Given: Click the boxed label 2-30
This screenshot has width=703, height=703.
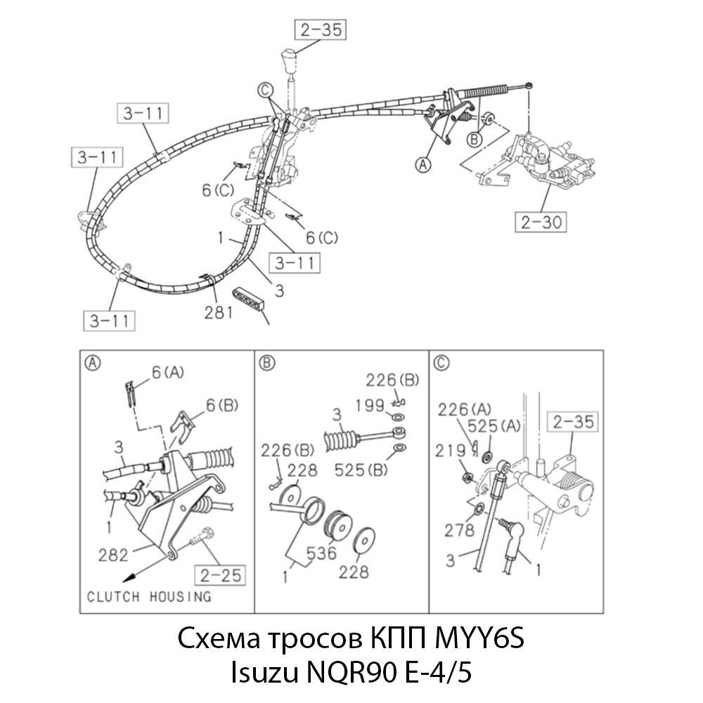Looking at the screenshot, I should click(539, 222).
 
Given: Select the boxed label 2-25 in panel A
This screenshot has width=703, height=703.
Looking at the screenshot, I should click(220, 576).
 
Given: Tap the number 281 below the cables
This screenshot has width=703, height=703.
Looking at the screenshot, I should click(219, 311).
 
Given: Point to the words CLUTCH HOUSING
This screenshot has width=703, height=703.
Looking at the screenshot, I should click(148, 597).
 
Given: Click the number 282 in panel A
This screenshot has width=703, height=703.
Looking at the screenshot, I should click(113, 555).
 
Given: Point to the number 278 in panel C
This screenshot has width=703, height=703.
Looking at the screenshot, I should click(459, 531).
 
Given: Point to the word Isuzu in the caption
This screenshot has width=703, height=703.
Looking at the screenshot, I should click(264, 673).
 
